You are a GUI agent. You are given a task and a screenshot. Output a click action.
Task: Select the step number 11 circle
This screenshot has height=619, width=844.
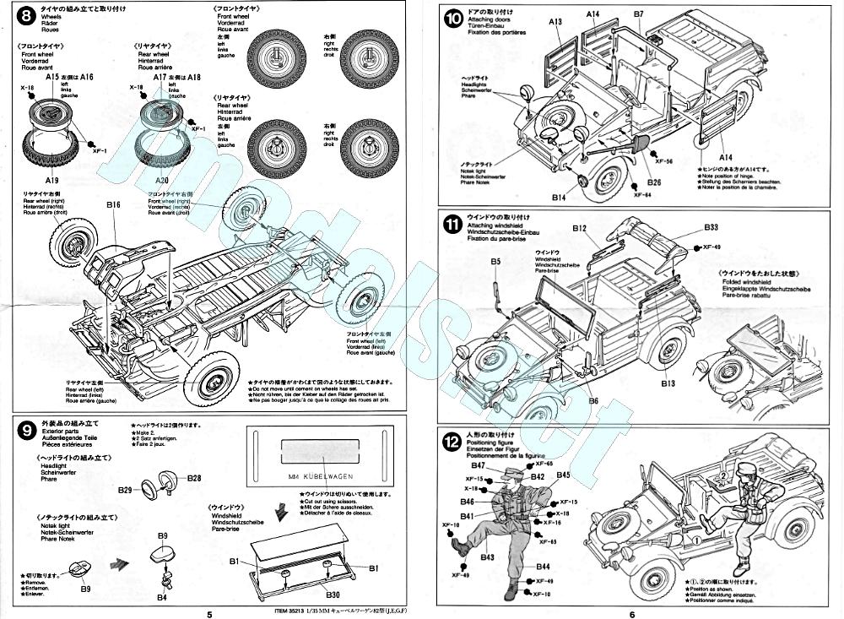tap(452, 225)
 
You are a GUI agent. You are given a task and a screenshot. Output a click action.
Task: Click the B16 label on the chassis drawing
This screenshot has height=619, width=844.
tap(114, 204)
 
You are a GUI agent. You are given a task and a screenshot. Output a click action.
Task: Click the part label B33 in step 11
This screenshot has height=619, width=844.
tap(710, 227)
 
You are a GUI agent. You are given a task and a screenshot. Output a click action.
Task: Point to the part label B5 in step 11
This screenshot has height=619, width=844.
tap(496, 263)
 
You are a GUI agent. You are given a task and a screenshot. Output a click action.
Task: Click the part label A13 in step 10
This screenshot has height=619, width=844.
tap(554, 23)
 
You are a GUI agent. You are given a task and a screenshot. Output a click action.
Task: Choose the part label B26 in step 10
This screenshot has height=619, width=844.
tap(654, 182)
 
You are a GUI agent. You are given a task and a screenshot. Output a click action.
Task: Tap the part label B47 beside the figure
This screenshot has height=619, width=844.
tap(479, 465)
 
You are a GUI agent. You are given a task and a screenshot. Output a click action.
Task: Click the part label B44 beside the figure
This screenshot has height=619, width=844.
tap(543, 567)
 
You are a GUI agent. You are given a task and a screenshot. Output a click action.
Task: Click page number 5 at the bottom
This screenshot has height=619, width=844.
tap(209, 614)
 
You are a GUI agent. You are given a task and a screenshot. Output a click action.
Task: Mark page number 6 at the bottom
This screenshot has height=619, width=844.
tap(631, 614)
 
